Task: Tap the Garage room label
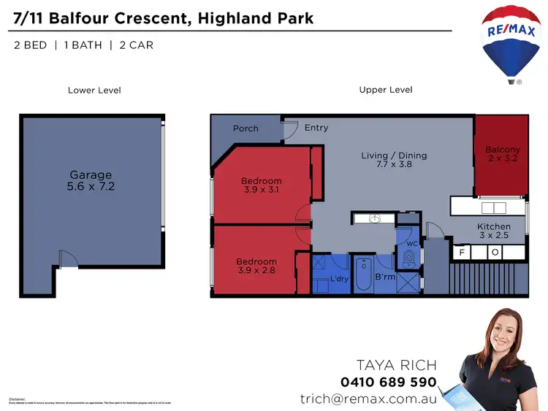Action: tap(91, 175)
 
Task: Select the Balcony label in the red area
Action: tap(503, 150)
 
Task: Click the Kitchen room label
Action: tap(494, 227)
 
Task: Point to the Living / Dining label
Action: tap(394, 155)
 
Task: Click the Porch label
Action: tap(246, 128)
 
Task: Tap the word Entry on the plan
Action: tap(316, 128)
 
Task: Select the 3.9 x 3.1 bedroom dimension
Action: tap(261, 190)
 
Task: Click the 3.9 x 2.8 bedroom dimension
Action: tap(256, 270)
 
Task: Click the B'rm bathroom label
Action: tap(385, 277)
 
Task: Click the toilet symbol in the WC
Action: tap(409, 258)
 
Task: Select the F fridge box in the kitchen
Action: tap(461, 253)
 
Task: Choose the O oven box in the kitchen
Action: tap(495, 253)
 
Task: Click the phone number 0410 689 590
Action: tap(388, 382)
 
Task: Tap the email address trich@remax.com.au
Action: tap(368, 399)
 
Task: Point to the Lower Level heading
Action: tap(94, 91)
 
